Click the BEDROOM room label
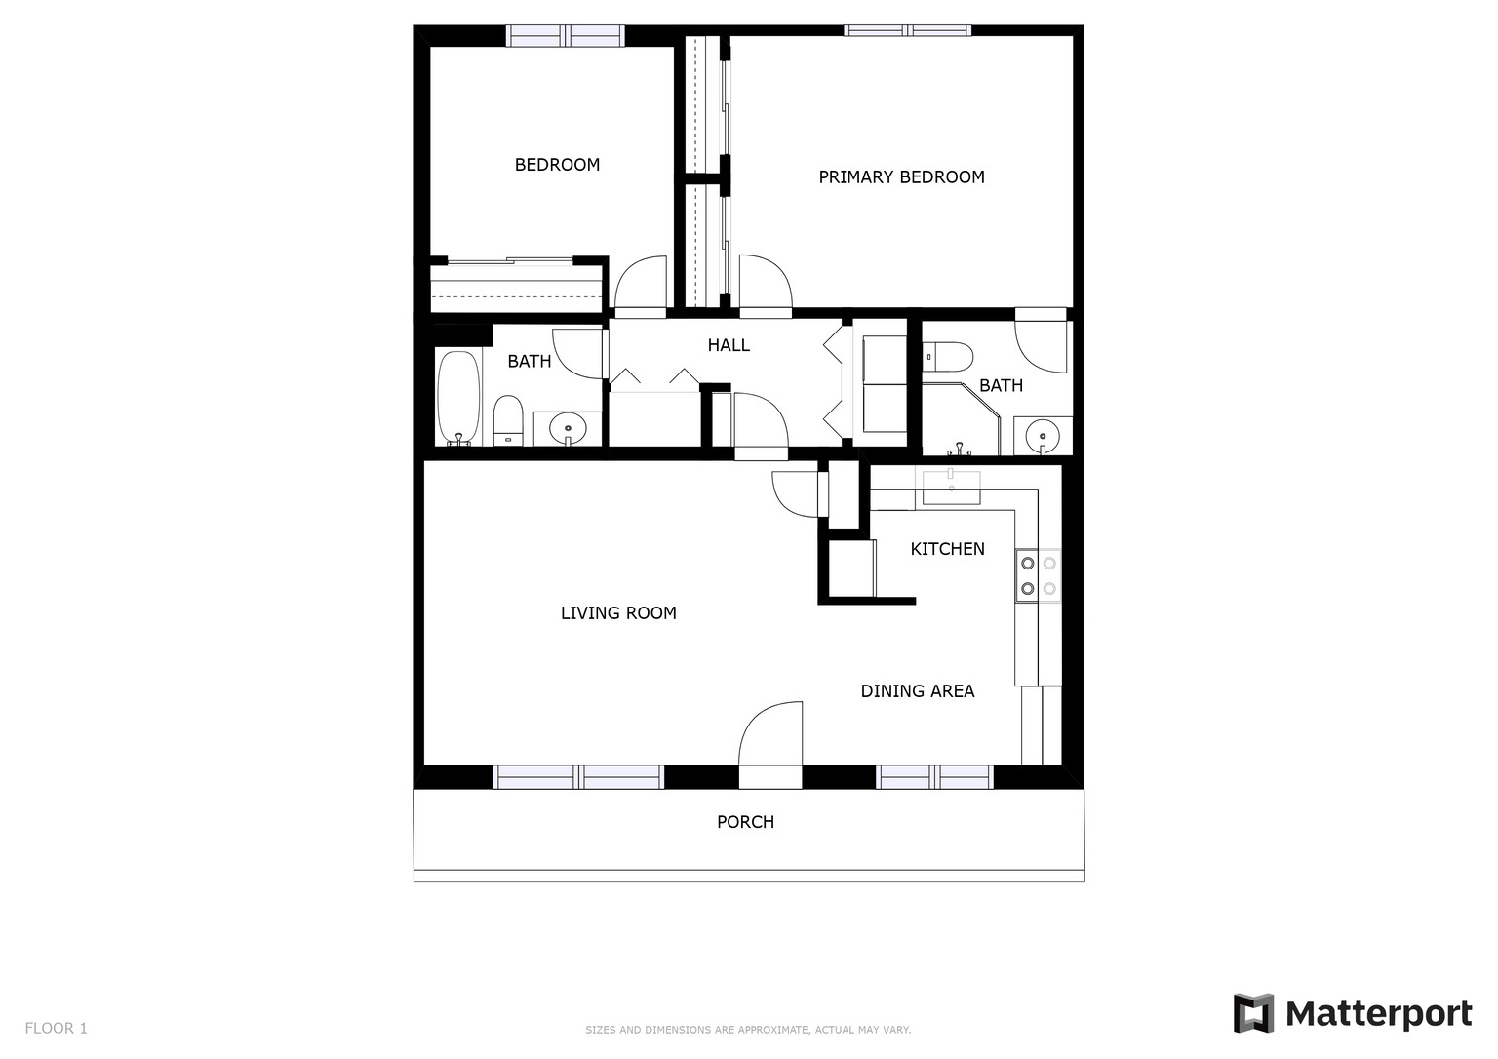point(557,165)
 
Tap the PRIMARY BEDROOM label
point(901,177)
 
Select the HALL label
point(729,345)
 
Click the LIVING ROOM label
point(618,613)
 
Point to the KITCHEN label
point(947,549)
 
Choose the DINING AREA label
point(917,691)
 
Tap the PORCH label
point(745,822)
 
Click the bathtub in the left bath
point(457,398)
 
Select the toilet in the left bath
point(508,420)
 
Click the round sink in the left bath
point(567,427)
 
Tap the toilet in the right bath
point(947,357)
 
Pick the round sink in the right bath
point(1043,435)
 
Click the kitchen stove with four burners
point(1038,575)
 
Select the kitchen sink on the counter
point(951,487)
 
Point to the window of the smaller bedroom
point(565,36)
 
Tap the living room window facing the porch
point(579,777)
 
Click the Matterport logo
point(1352,1014)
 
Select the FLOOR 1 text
point(56,1028)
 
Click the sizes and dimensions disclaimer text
point(748,1030)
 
